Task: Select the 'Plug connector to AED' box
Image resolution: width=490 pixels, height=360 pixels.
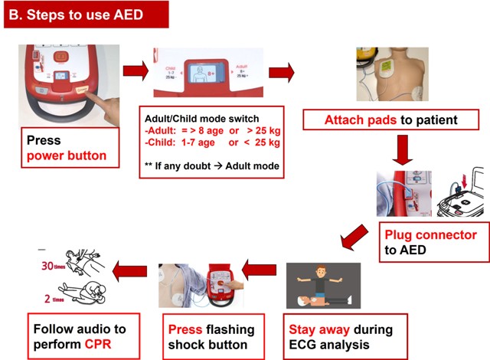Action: pyautogui.click(x=430, y=242)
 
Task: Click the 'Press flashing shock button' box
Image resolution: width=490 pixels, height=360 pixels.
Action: pyautogui.click(x=207, y=337)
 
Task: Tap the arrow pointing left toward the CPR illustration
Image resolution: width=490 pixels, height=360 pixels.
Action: pyautogui.click(x=131, y=269)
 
